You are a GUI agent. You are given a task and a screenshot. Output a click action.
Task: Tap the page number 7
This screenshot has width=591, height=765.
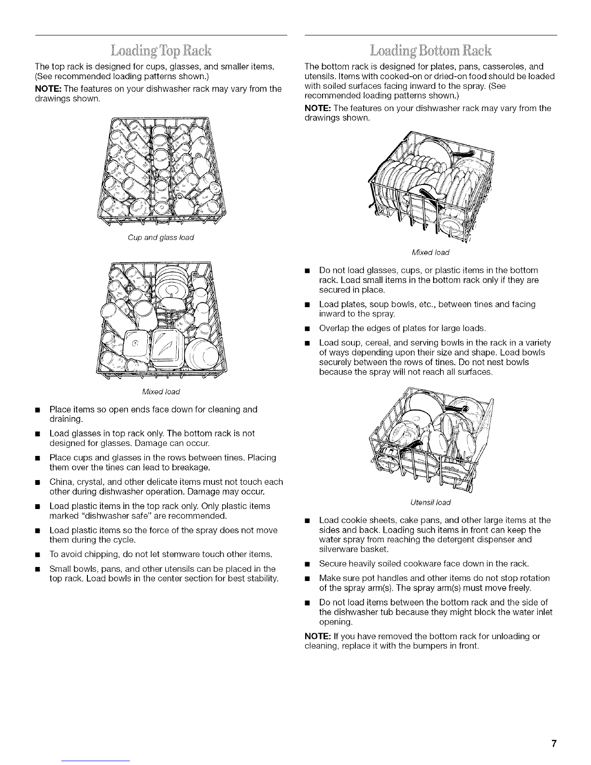tap(554, 743)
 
